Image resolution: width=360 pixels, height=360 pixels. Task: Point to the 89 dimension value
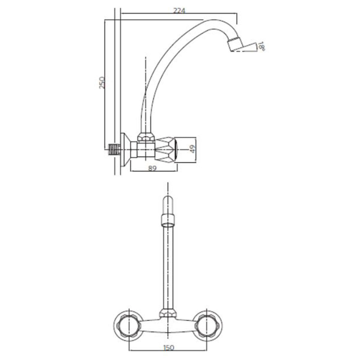coord(153,168)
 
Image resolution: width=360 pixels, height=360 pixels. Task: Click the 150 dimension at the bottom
coord(169,348)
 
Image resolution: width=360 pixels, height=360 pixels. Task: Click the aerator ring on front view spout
coord(168,220)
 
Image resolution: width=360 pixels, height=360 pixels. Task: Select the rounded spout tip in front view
coord(168,204)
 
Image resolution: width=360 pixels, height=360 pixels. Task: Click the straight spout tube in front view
coord(168,264)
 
